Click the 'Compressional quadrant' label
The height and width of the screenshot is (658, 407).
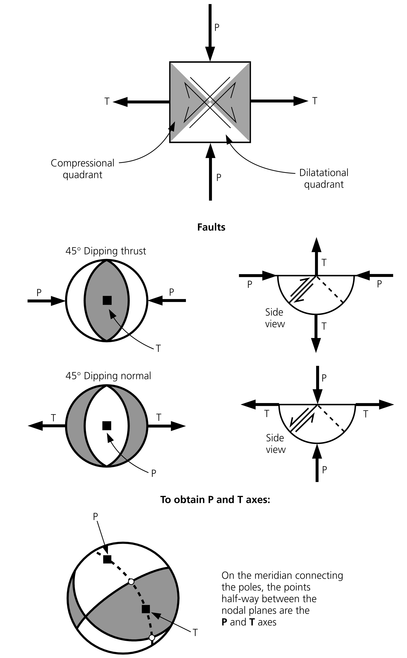click(x=82, y=169)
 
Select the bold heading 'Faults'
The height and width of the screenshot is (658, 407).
click(x=211, y=227)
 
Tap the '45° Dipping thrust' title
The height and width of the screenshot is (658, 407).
click(x=106, y=251)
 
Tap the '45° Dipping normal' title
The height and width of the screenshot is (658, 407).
click(x=108, y=376)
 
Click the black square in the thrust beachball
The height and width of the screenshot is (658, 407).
click(x=107, y=300)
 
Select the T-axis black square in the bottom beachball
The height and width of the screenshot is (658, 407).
click(x=146, y=609)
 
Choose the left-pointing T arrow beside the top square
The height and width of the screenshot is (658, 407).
click(x=141, y=102)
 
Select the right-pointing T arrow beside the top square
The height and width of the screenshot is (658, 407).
click(x=279, y=101)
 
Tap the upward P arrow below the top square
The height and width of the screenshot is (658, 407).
click(x=210, y=172)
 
